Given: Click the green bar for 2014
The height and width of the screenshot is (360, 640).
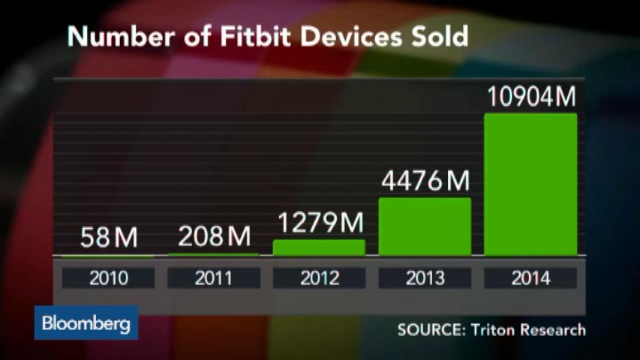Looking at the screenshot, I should pos(530,184).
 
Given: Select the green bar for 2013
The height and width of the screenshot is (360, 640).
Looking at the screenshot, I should pos(425,226).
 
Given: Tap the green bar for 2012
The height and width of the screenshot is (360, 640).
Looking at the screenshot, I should pos(319,247).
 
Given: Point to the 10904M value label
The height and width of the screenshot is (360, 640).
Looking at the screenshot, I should pos(530,97).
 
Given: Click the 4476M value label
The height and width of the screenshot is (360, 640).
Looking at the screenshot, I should pos(425,181).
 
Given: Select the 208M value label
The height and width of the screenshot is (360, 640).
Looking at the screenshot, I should pos(214,238).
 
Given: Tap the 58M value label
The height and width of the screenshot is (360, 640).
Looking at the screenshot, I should pos(109,238).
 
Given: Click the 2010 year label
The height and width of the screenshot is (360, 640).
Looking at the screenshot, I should pos(109,278).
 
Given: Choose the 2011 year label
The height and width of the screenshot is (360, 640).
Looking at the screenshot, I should pos(214,278).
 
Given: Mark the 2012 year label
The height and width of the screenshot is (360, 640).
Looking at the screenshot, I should pos(319,278).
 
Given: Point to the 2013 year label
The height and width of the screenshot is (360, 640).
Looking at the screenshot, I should pos(425,278).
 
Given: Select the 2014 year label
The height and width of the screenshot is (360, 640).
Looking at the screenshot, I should pos(530,278).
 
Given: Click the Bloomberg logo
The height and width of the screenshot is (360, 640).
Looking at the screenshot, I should pos(86,324).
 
